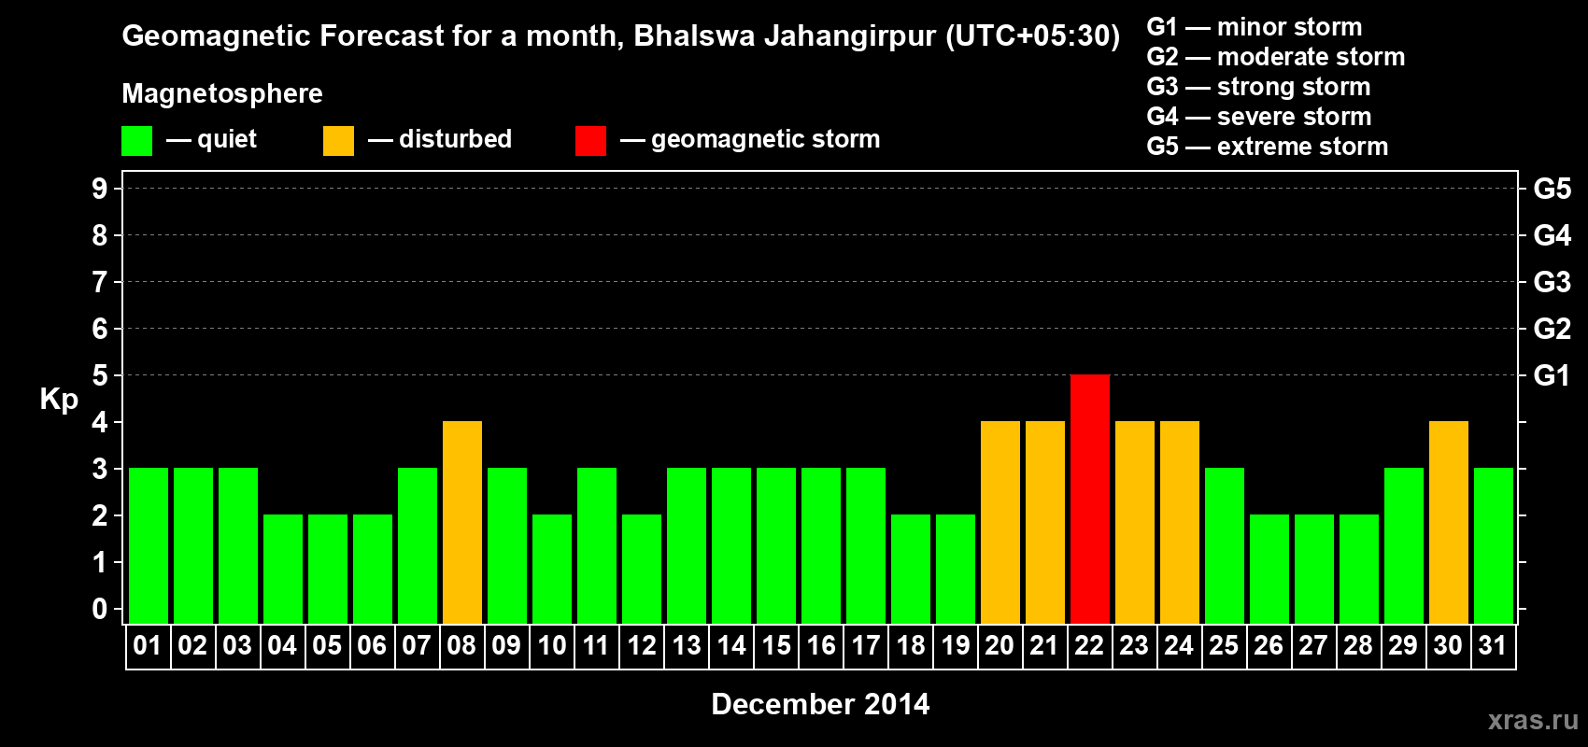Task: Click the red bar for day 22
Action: (1089, 499)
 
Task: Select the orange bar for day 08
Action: (461, 522)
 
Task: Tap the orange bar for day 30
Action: (1448, 522)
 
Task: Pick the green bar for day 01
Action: (149, 545)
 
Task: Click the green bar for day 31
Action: (1493, 545)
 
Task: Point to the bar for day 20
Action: (1000, 522)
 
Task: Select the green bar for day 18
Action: (910, 569)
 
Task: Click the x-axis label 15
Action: (776, 645)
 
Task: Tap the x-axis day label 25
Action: (1224, 645)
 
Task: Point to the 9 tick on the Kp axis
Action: (100, 189)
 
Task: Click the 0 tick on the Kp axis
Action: (100, 609)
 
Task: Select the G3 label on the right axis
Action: (1552, 282)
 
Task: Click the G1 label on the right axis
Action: (1552, 375)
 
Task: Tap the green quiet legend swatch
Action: (136, 141)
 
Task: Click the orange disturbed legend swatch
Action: (338, 141)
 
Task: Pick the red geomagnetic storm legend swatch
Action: (590, 141)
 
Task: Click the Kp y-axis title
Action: (59, 399)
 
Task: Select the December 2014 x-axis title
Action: (820, 704)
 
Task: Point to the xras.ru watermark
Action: (1533, 720)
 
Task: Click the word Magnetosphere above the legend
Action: (222, 93)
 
